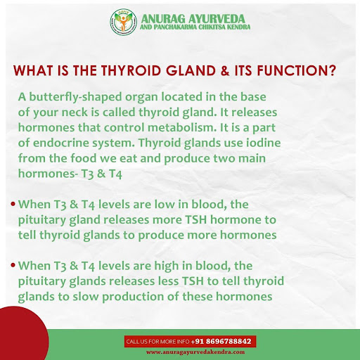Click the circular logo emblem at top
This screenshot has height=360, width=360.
tap(123, 22)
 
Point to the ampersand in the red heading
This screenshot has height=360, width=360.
tap(225, 70)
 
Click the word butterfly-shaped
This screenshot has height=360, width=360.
tap(75, 97)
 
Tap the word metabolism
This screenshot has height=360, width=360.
tap(181, 127)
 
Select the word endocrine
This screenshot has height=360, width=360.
tap(61, 143)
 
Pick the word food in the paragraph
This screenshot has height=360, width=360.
tap(84, 158)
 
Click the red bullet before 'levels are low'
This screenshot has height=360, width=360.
tap(13, 204)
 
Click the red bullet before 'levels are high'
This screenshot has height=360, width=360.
tap(13, 266)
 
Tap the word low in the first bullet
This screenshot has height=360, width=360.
tap(165, 205)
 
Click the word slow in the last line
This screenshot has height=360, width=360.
tap(86, 297)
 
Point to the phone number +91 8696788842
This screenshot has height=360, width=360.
tap(221, 341)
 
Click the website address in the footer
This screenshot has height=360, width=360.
tap(195, 352)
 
